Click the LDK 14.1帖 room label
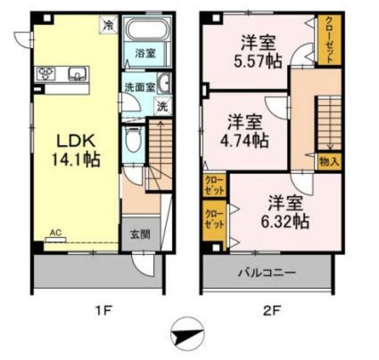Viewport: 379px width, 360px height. [76, 150]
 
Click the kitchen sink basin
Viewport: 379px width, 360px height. [77, 74]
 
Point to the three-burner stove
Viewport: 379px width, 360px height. [46, 73]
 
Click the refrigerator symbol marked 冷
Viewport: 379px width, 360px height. [109, 24]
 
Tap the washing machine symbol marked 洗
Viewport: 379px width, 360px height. [162, 107]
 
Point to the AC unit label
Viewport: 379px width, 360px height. [56, 233]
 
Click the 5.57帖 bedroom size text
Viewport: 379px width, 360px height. [258, 61]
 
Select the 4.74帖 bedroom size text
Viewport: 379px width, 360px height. [245, 140]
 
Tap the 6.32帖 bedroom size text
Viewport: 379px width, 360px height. [285, 221]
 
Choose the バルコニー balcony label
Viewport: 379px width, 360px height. [267, 273]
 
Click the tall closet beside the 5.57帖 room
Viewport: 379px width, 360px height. [329, 40]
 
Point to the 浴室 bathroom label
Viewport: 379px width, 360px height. [145, 53]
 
